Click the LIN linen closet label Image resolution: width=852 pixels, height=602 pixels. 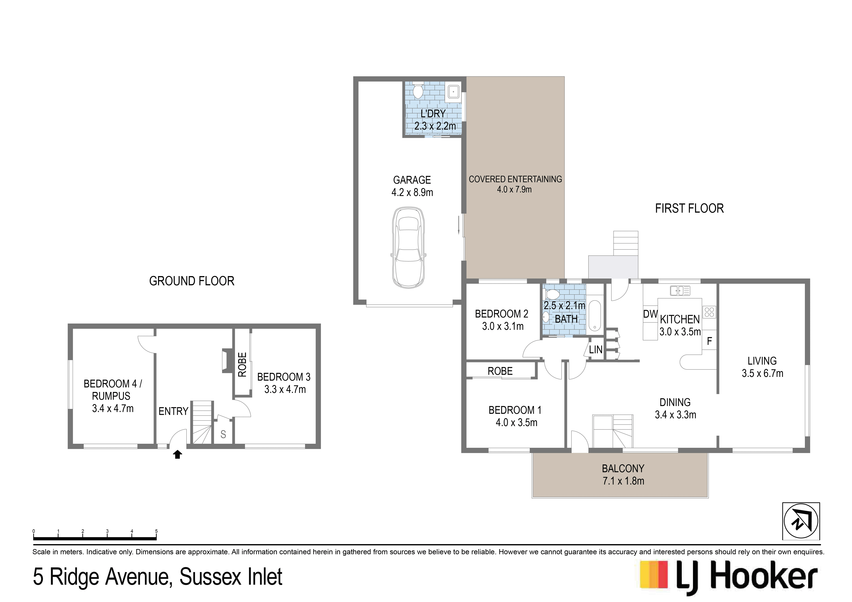pyautogui.click(x=596, y=349)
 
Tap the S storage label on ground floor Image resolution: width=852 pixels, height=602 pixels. pyautogui.click(x=223, y=434)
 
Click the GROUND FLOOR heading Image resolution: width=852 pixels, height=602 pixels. pyautogui.click(x=192, y=281)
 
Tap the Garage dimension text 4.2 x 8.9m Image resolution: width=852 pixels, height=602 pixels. pyautogui.click(x=412, y=193)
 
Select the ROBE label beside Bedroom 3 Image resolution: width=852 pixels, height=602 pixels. pyautogui.click(x=242, y=365)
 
